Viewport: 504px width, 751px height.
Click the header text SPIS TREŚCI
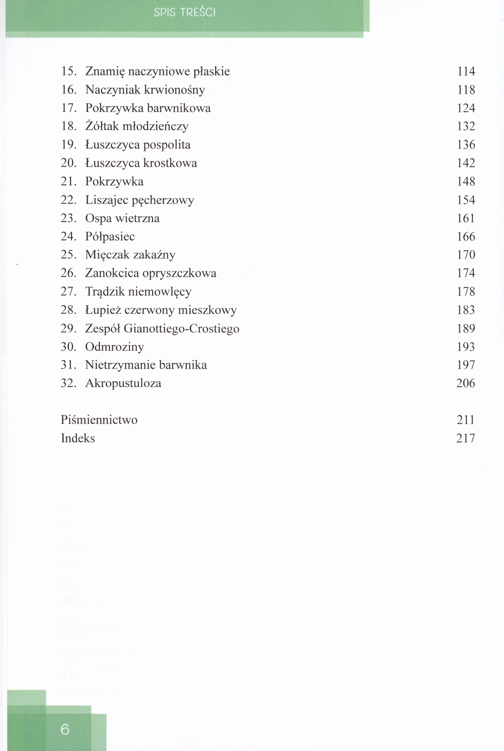point(185,12)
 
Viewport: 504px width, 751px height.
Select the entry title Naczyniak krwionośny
point(145,90)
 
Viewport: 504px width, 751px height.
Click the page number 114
point(466,71)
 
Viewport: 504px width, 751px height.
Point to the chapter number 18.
point(69,126)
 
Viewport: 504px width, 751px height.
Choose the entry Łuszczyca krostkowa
point(141,163)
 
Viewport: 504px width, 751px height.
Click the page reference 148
point(466,181)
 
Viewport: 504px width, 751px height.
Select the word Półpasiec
point(110,237)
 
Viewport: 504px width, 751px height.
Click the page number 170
point(466,255)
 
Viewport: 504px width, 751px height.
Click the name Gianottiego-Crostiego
point(181,328)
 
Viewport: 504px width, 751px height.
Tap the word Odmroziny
point(115,347)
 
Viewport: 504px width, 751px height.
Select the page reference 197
point(466,365)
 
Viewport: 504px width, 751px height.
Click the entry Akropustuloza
point(123,383)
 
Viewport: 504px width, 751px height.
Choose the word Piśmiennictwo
point(99,420)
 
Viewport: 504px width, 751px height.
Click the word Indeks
point(78,438)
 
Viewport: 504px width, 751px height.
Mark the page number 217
point(465,438)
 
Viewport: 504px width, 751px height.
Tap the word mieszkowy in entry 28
point(207,310)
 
